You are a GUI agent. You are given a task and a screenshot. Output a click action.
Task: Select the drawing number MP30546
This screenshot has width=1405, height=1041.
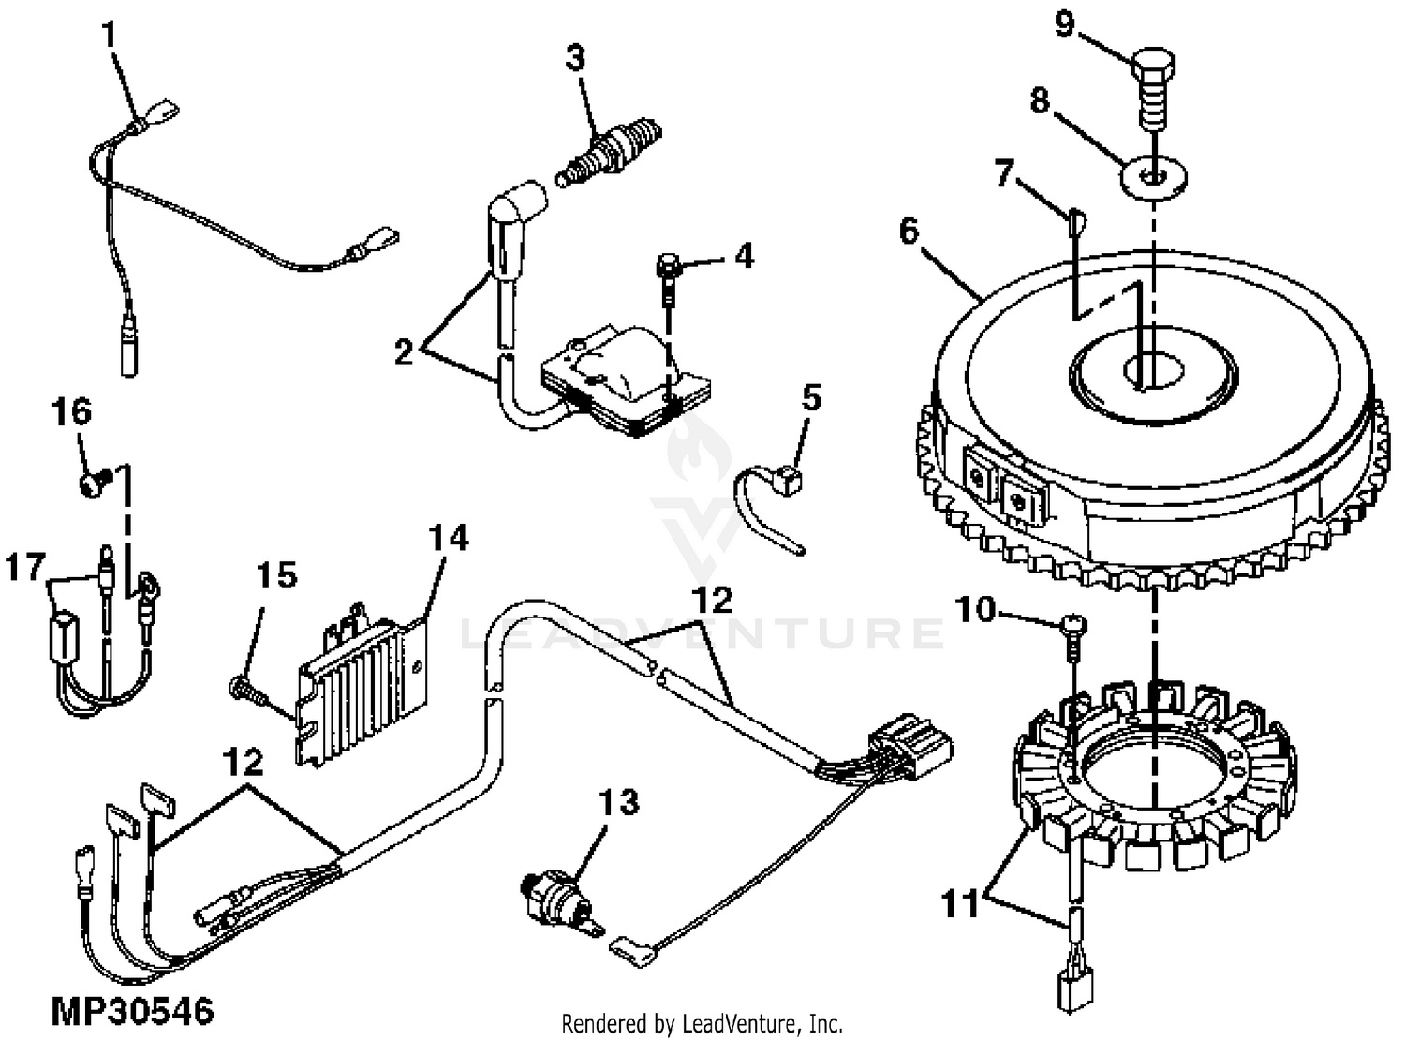click(x=131, y=1011)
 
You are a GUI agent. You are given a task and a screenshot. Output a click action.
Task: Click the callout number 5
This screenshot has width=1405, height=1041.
click(x=811, y=398)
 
